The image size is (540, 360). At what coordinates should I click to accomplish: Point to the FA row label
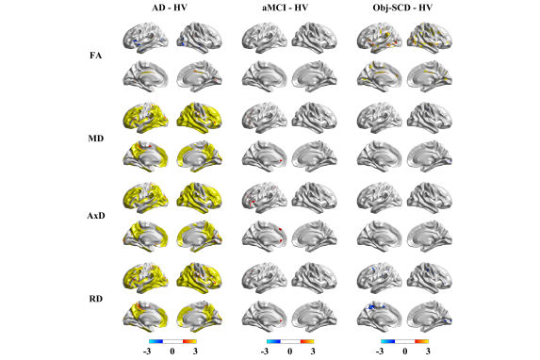95,56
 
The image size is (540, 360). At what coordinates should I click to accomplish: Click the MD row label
94,138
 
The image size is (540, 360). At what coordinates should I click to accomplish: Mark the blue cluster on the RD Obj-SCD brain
376,308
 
